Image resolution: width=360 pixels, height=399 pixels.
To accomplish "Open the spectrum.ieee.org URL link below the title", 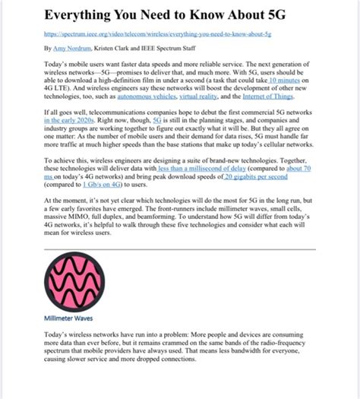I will click(159, 34).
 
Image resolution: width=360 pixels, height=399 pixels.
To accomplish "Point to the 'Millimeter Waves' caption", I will click(68, 318).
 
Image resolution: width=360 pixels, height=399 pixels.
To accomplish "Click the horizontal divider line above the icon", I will click(179, 249).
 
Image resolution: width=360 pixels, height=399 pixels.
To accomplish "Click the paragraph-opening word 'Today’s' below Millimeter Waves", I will click(60, 335).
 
